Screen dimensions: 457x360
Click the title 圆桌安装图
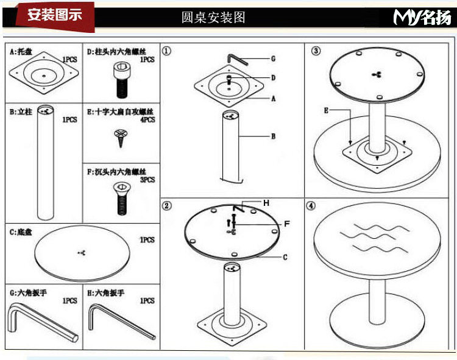[x=213, y=17]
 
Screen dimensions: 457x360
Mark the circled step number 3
[x=316, y=51]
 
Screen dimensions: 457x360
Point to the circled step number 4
[x=311, y=206]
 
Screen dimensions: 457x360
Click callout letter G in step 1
[x=274, y=59]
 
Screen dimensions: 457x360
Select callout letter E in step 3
[x=327, y=110]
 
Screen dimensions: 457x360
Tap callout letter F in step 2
[x=286, y=224]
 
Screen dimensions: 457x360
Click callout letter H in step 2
[x=266, y=202]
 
